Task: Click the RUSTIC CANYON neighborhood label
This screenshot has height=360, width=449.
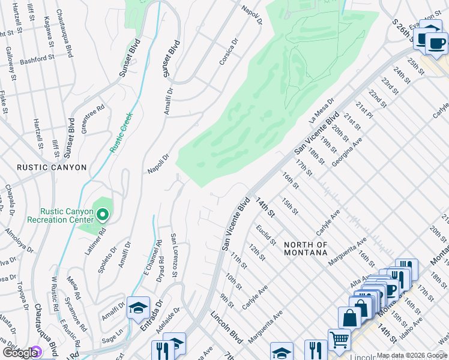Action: click(52, 167)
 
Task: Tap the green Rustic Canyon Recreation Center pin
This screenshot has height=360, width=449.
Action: click(103, 214)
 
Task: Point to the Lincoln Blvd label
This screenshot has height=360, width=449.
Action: click(226, 327)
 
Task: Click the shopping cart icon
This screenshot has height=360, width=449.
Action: click(339, 340)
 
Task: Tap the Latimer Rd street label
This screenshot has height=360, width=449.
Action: click(95, 240)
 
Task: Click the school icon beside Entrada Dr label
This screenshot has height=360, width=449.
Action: click(137, 308)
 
